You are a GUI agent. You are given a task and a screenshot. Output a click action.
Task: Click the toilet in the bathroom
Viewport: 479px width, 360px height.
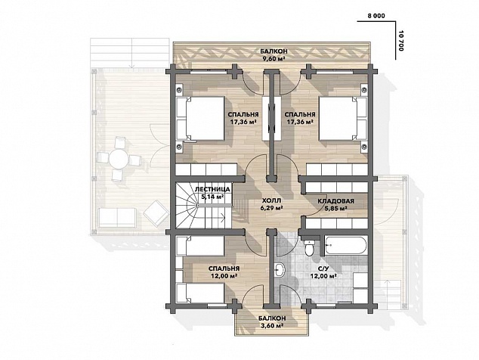tap(310, 247)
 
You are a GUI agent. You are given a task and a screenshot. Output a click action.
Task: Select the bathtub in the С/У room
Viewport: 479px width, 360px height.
tap(345, 245)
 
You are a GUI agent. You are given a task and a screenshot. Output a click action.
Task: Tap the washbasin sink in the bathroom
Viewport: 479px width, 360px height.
tap(280, 270)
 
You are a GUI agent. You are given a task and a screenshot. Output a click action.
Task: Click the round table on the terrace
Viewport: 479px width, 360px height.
tap(118, 158)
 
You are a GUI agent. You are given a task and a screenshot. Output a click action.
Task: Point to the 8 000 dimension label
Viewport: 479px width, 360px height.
tap(376, 16)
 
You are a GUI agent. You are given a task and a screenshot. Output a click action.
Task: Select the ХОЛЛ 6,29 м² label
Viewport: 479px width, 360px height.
tap(270, 204)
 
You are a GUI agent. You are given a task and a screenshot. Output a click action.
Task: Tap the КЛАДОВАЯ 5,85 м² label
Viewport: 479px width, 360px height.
tap(335, 205)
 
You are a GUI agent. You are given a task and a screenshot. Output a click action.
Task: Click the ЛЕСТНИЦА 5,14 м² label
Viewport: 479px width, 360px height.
tap(212, 193)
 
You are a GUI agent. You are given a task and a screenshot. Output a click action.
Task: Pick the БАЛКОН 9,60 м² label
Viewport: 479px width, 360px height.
tap(273, 54)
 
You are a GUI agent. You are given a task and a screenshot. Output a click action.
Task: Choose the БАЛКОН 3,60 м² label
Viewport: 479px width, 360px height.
tap(272, 322)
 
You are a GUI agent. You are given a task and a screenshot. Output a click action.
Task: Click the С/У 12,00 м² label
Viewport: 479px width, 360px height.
tap(323, 272)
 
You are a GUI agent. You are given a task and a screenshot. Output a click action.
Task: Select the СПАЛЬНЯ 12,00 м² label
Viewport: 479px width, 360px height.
tap(224, 272)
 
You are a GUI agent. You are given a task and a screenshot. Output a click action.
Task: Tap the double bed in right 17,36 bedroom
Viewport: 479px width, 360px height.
tap(343, 119)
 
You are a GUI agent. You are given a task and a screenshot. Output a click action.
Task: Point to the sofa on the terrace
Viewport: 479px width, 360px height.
tap(117, 218)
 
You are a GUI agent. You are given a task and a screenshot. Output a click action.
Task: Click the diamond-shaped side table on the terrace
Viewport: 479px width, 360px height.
tap(156, 213)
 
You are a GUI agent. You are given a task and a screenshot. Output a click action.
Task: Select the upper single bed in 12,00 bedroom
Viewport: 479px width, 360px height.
tap(200, 246)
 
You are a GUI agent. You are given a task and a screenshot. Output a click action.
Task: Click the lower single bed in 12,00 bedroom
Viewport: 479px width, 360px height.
tap(200, 293)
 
